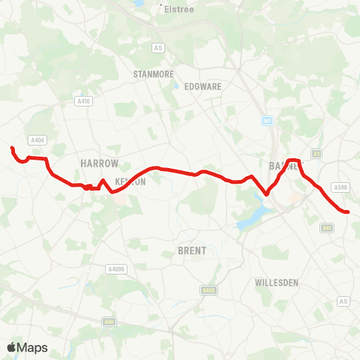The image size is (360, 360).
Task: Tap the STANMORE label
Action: [x=153, y=74]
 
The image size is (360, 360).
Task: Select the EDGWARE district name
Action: [x=202, y=86]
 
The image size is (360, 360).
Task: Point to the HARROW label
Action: [x=100, y=163]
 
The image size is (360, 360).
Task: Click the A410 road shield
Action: [x=83, y=100]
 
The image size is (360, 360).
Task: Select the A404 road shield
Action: [x=37, y=139]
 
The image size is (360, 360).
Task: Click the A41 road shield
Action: [x=327, y=226]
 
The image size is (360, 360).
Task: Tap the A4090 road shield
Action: [x=115, y=268]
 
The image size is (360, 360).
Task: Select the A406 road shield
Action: [x=208, y=289]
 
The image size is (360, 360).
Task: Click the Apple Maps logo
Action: [x=27, y=347]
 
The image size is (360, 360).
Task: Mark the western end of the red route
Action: [x=12, y=148]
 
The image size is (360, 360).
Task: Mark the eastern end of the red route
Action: [x=349, y=212]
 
